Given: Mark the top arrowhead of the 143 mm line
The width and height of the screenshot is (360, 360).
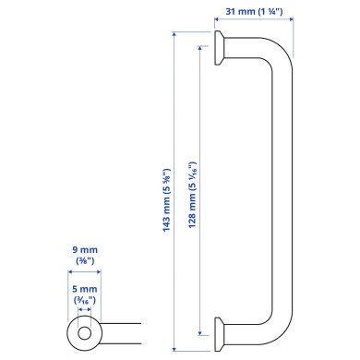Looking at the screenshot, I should (174, 34).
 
